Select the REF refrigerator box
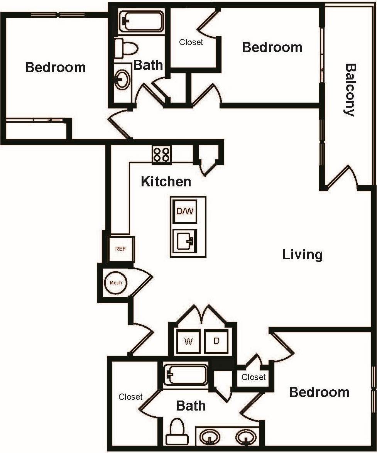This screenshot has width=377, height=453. click(120, 249)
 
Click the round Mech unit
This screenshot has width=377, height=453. click(116, 282)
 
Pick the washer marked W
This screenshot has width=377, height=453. click(188, 341)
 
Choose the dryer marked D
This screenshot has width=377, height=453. click(216, 341)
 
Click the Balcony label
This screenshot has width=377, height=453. click(350, 90)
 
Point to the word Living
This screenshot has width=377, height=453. click(303, 255)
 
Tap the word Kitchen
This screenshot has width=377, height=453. click(166, 181)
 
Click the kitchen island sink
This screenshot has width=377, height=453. click(184, 241)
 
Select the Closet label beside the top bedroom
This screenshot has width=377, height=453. click(191, 42)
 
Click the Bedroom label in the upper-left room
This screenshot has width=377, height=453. click(55, 67)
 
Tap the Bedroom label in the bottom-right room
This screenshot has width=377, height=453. click(319, 392)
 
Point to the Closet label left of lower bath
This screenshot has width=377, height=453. click(130, 397)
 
